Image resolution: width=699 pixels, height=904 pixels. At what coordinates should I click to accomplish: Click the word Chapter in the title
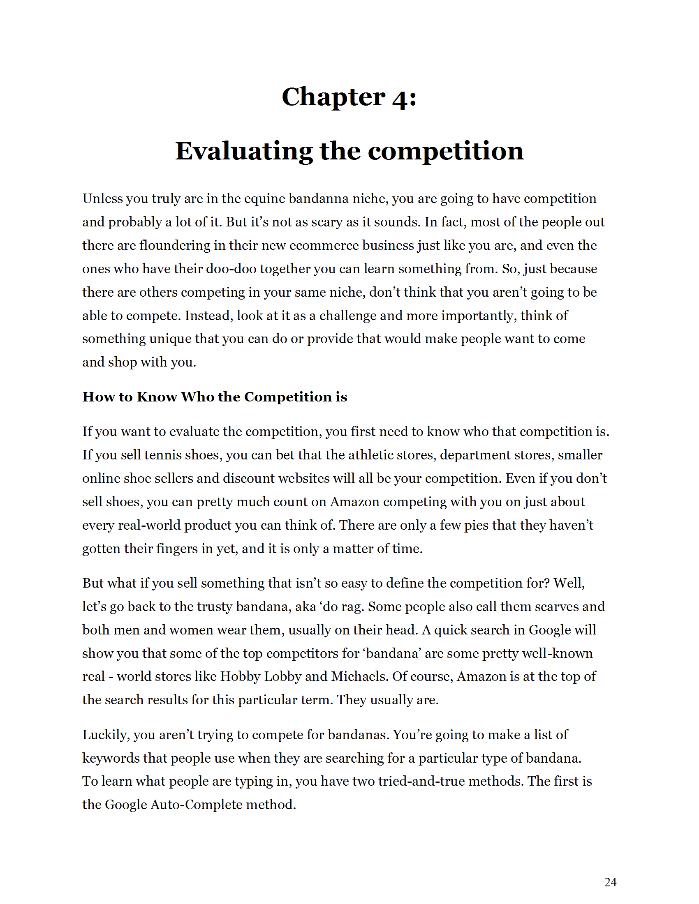click(333, 97)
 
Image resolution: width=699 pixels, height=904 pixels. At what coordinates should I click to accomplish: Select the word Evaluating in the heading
click(244, 151)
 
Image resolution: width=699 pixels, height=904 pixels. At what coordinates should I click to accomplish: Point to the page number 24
click(610, 882)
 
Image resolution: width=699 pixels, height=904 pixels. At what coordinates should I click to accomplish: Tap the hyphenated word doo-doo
click(227, 269)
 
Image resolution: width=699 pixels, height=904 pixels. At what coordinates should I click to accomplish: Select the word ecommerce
click(324, 245)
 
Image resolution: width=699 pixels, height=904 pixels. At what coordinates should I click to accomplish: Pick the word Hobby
click(240, 677)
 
